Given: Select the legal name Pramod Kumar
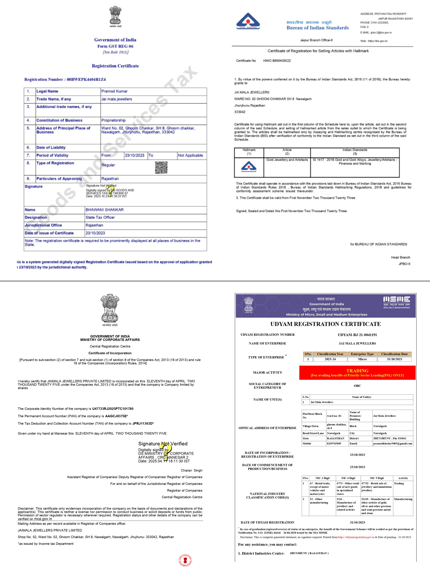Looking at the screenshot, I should (114, 91).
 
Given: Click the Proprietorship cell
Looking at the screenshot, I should (113, 120).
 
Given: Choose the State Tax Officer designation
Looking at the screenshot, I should (100, 218).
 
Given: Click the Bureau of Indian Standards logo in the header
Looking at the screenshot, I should (248, 21).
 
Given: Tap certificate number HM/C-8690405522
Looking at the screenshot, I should (277, 61).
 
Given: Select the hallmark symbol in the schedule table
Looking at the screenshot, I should (248, 167).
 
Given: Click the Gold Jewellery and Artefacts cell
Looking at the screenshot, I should (287, 160).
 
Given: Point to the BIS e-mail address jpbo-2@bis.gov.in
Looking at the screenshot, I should (381, 33).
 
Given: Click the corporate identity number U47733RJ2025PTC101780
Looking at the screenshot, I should (113, 409).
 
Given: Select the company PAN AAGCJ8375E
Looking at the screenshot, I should (116, 416).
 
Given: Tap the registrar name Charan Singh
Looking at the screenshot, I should (192, 470).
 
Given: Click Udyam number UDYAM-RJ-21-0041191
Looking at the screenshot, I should (357, 335).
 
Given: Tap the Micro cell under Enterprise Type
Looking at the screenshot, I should (362, 359).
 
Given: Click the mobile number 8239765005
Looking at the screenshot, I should (334, 443).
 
